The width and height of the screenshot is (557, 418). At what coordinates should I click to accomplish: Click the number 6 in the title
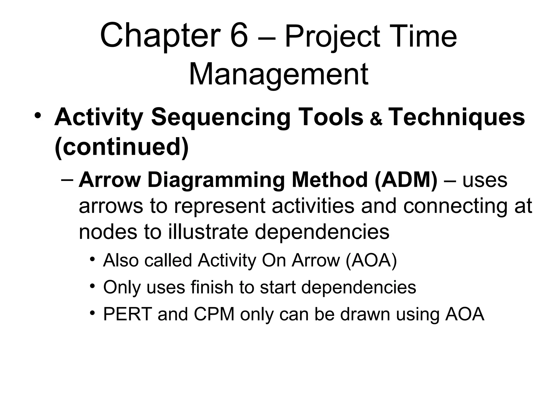[x=239, y=36]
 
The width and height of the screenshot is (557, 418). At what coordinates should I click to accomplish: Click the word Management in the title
[x=278, y=74]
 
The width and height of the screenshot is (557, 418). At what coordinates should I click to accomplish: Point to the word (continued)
[x=122, y=147]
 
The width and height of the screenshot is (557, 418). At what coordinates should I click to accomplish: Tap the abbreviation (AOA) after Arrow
[x=371, y=260]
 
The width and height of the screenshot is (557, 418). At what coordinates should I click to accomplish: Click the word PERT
[x=128, y=314]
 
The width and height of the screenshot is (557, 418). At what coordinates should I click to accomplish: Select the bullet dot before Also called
[x=93, y=259]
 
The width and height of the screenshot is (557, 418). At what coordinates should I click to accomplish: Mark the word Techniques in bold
[x=457, y=118]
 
